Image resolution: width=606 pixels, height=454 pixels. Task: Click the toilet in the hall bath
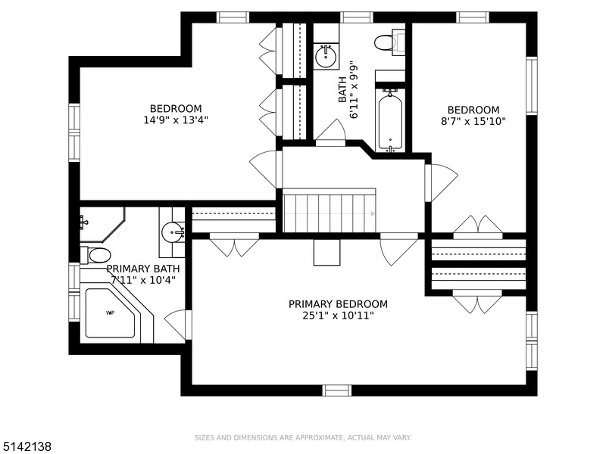coord(389,42)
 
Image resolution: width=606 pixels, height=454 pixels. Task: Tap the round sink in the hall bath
coord(326,56)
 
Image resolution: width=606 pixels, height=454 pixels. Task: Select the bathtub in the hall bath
coord(390,120)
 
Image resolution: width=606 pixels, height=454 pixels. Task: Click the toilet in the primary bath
coord(95,255)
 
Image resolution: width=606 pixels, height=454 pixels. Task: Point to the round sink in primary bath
coord(173,232)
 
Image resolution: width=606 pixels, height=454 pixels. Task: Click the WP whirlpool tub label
coord(110,313)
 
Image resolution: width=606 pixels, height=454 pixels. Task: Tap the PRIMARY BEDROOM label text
coord(338,304)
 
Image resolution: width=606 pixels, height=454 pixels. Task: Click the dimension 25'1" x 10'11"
coord(338,316)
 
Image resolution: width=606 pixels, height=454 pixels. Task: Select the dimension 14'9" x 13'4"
coord(176,120)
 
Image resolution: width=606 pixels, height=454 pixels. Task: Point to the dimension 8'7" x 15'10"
coord(473,122)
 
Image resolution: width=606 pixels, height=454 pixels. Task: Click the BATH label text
coord(342,90)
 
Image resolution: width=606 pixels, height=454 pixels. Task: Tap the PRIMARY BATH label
coord(143,269)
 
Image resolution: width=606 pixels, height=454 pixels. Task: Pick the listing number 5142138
coord(26,447)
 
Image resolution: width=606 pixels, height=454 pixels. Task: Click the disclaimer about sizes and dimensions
coord(302,438)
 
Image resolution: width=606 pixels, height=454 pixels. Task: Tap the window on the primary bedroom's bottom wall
coord(337,390)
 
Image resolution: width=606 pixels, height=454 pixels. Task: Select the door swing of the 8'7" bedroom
coord(442,182)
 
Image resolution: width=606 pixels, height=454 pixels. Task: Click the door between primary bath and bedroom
coord(178,325)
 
